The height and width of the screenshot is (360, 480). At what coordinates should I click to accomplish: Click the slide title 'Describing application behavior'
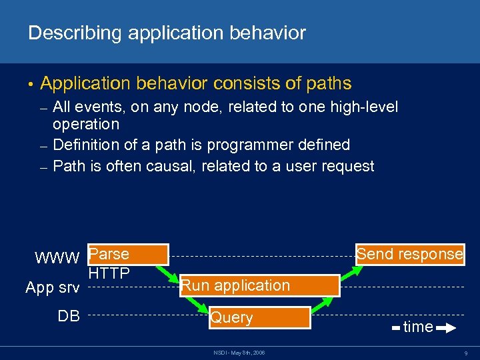(167, 32)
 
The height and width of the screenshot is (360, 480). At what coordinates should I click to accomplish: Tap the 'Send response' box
(409, 254)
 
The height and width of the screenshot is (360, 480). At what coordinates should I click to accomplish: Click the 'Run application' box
(259, 286)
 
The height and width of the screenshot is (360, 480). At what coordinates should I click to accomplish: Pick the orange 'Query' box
(259, 317)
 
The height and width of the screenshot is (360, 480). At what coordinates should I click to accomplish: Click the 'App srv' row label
(52, 288)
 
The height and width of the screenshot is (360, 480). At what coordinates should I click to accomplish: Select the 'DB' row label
(68, 317)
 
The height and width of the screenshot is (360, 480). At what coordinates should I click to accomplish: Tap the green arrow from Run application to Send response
(351, 270)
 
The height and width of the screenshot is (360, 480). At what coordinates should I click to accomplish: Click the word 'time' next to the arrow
(418, 327)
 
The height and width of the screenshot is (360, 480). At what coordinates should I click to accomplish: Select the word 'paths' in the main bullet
(326, 83)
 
